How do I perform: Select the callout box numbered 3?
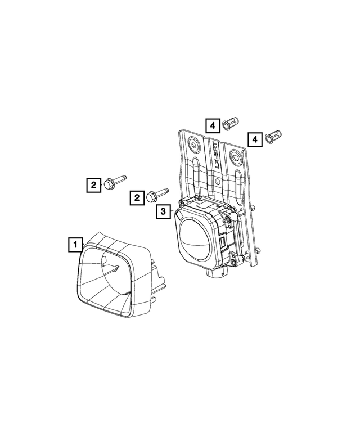coord(163,211)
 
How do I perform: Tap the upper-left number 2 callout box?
coord(91,184)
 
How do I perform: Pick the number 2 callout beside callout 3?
coord(136,197)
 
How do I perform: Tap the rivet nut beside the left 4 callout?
coord(231,123)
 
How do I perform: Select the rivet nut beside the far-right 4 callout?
coord(275,136)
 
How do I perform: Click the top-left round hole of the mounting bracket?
coord(194,143)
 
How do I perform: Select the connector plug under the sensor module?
coord(217,275)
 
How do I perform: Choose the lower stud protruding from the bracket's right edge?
coord(259,251)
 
